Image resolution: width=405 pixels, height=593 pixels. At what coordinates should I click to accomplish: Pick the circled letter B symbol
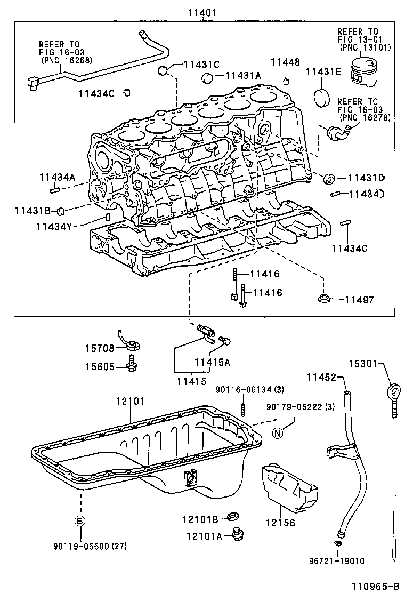coord(79,521)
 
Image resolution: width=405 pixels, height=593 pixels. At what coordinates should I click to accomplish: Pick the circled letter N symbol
coord(277,432)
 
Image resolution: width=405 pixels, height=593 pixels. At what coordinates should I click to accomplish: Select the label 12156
coord(280,523)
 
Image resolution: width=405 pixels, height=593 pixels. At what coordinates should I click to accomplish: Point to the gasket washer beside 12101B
coord(232,516)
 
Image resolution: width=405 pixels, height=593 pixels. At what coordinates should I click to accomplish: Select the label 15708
coord(99,348)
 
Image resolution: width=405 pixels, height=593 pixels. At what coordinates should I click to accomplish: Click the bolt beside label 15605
coord(131,366)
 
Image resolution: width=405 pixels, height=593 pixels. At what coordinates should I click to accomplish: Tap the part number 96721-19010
coord(344,560)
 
